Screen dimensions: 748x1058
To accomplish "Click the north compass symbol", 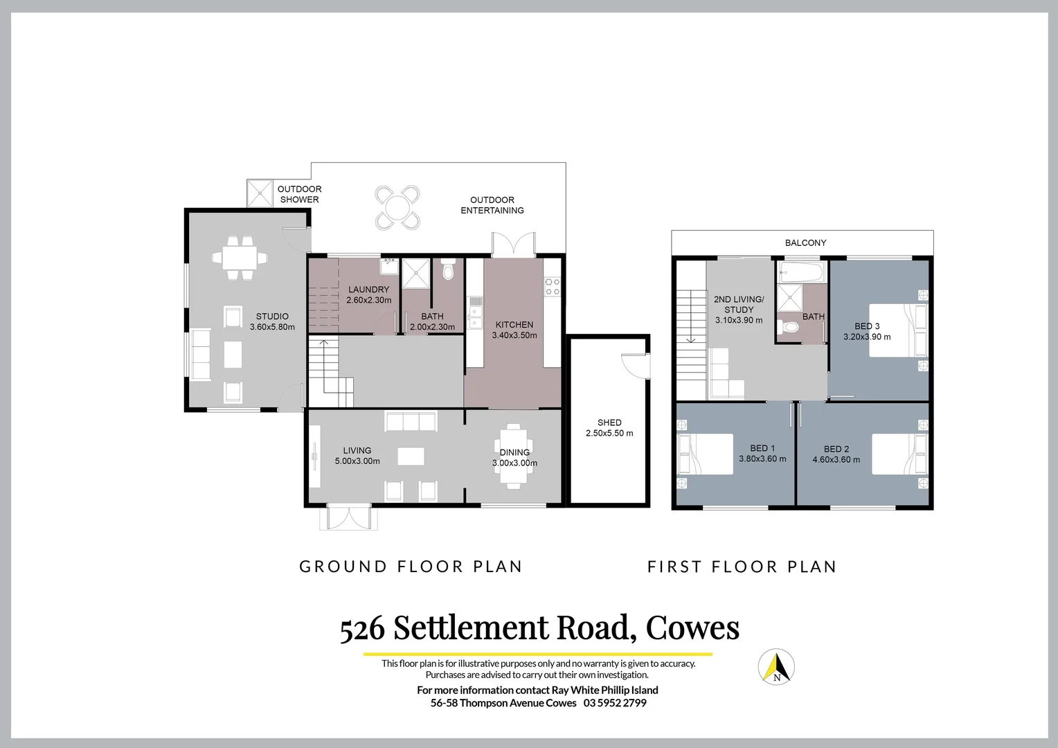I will click(x=776, y=667).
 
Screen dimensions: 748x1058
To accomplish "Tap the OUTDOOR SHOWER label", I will click(x=299, y=194).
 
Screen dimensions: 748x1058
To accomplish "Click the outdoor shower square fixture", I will click(x=261, y=193).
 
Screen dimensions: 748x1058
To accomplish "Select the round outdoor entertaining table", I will click(x=397, y=207).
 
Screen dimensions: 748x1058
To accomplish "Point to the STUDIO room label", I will click(x=272, y=317).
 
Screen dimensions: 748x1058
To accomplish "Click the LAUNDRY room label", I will click(x=368, y=290).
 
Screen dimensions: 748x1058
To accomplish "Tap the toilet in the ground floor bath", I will click(x=448, y=270).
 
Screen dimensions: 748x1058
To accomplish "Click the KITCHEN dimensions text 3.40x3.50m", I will click(x=514, y=335).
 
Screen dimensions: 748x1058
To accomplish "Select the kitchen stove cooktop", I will click(x=552, y=286).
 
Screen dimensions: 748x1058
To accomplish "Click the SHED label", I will click(x=609, y=422).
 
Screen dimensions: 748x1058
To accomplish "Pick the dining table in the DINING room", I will click(x=514, y=457).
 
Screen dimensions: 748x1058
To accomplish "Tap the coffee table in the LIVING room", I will click(x=411, y=456).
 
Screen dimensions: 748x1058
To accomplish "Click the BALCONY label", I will click(x=805, y=243).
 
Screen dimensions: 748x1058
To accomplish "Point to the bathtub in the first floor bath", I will click(x=802, y=271).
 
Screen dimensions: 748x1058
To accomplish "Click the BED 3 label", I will click(x=867, y=326).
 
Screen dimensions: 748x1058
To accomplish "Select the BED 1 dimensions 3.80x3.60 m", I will click(x=762, y=458).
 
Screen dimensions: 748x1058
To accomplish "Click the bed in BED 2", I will click(x=899, y=454).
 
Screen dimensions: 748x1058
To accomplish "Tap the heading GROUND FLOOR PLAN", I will click(x=411, y=567).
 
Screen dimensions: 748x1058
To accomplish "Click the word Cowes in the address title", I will click(x=692, y=627).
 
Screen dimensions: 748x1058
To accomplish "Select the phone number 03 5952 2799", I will click(x=615, y=703).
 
